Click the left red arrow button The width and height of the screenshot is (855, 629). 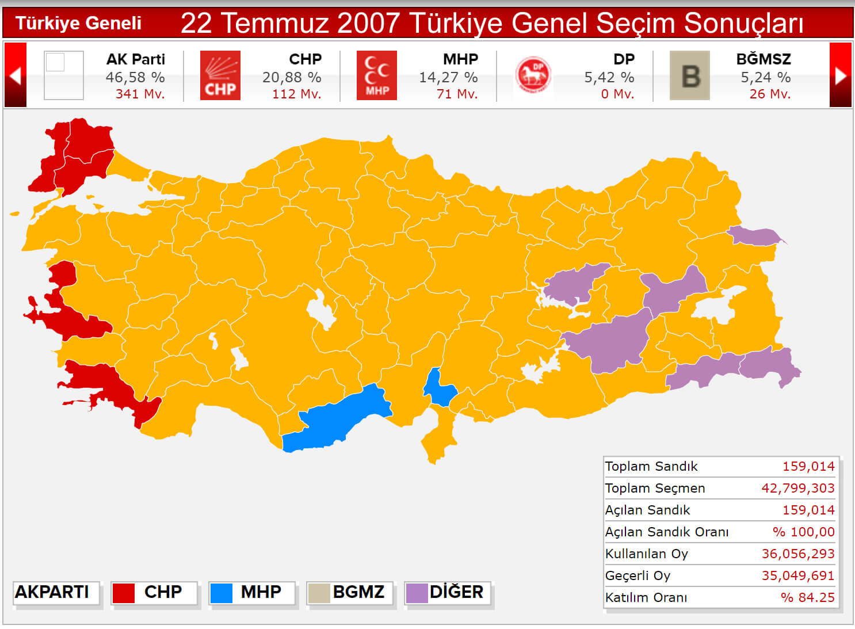pos(16,75)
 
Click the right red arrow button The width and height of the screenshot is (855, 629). pos(841,75)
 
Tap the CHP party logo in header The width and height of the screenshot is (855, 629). pos(220,75)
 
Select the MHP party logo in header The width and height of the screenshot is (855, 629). pos(377,75)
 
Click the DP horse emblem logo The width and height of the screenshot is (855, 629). pos(533,75)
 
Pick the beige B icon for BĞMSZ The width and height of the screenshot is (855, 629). pos(690,75)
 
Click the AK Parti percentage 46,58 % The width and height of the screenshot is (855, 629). pos(135,77)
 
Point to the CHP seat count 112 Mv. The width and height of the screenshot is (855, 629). pos(296,94)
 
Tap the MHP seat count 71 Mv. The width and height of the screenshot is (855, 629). pos(457,94)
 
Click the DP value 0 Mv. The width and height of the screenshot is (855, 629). pos(617,94)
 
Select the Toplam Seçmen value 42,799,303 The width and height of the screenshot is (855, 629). pos(798,488)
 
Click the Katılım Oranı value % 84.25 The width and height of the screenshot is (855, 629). pos(807,597)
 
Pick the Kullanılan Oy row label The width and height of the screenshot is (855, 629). pos(647,554)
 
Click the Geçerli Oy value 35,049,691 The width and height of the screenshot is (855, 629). pos(798,575)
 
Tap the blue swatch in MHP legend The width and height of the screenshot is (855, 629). pos(222,593)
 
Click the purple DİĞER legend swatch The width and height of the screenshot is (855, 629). pos(417,593)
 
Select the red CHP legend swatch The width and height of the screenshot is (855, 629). pos(124,593)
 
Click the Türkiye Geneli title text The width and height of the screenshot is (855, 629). pos(78,23)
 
